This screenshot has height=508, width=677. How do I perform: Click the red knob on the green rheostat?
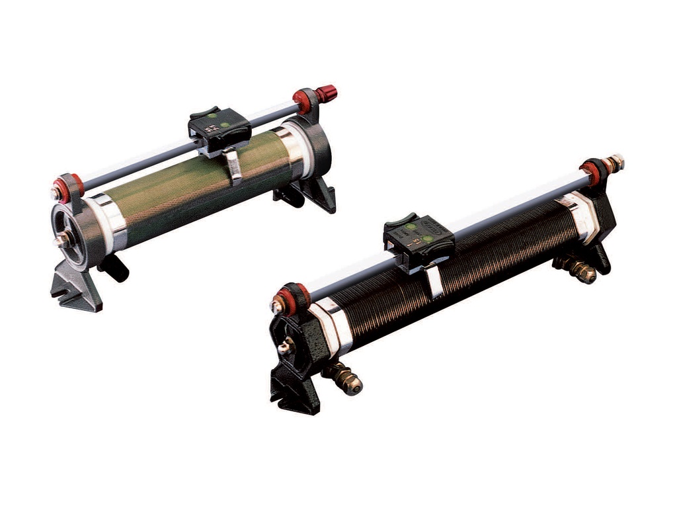tap(326, 93)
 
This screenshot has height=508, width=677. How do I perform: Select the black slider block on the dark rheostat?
tap(418, 235)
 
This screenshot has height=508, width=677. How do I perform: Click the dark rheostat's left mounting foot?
tap(294, 390)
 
